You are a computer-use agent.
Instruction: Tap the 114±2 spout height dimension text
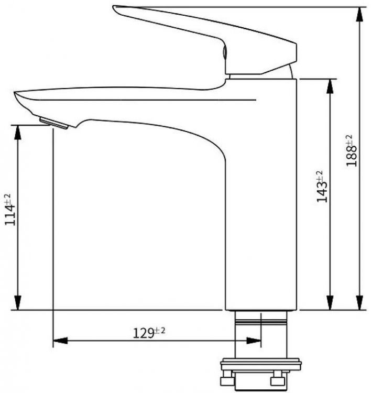[x=9, y=210]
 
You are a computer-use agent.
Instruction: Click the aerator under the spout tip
[x=54, y=123]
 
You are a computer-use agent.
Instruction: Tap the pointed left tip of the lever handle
[x=116, y=8]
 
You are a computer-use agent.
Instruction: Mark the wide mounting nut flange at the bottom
[x=260, y=363]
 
